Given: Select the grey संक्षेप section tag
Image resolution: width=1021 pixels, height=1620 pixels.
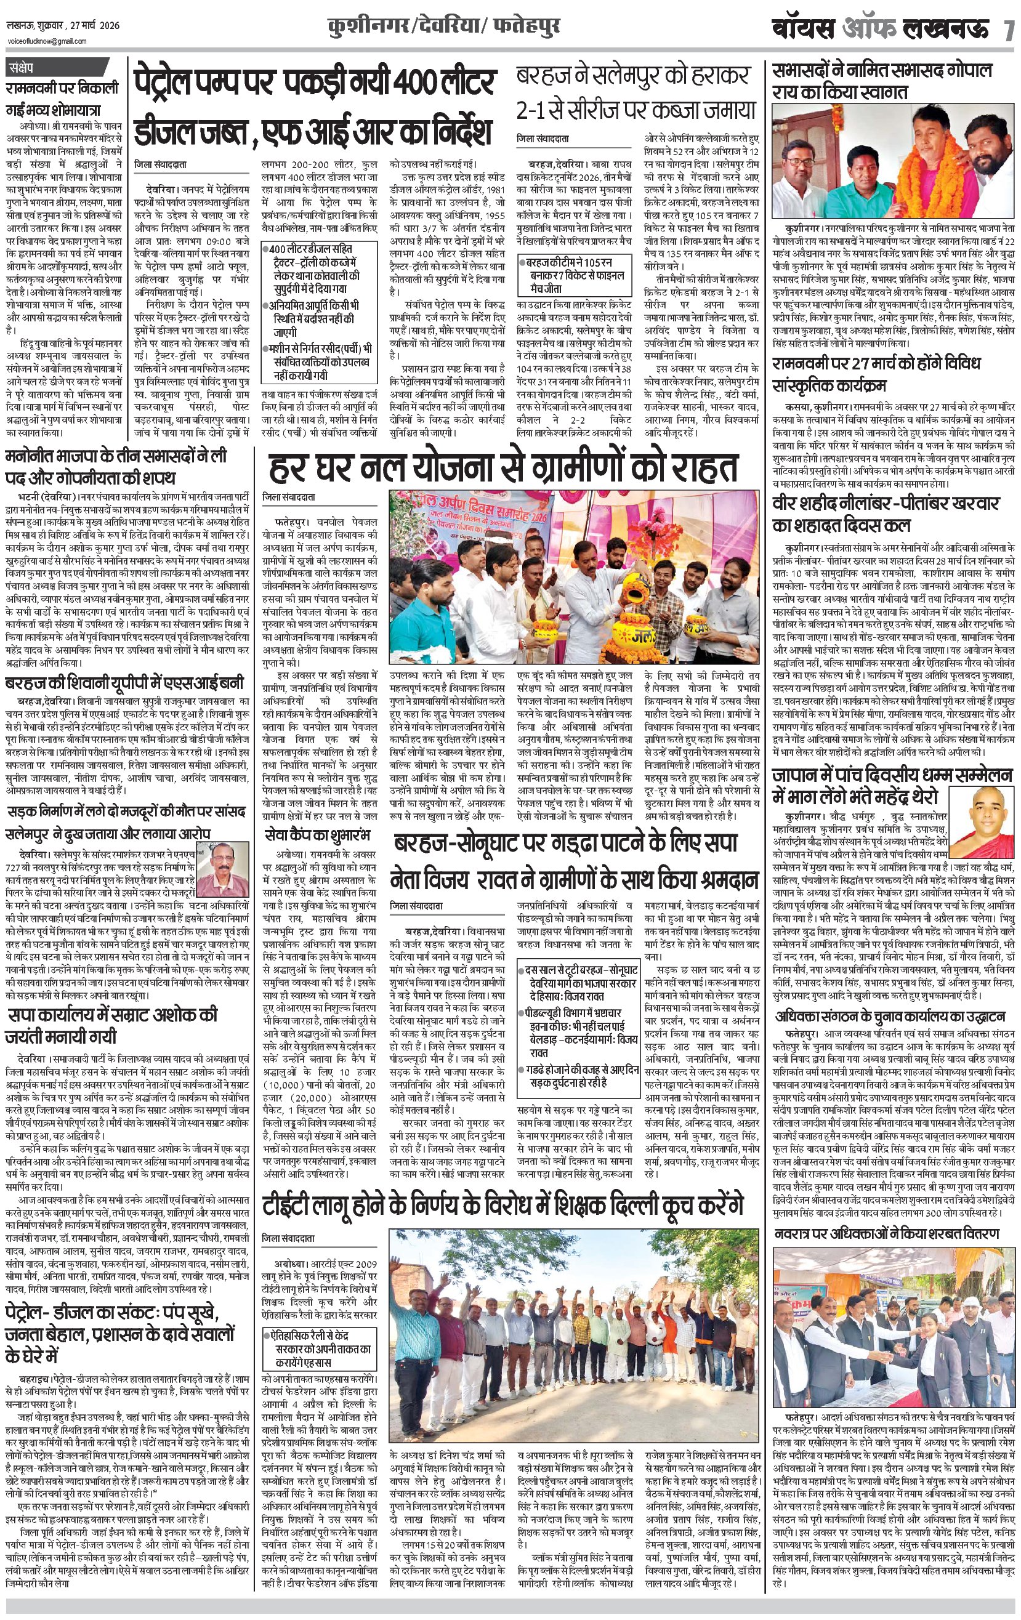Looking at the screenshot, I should coord(27,68).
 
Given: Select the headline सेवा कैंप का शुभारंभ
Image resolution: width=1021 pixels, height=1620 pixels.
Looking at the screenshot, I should coord(317,835).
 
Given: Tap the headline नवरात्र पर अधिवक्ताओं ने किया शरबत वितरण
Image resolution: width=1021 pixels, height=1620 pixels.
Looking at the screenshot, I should coord(886,1233).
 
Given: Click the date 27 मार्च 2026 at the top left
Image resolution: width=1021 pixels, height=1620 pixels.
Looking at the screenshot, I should coord(95,26).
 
